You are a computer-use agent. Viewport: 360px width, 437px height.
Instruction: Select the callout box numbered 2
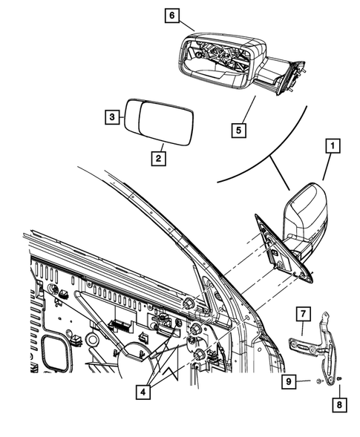158,157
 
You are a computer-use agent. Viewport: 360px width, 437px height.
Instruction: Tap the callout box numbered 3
111,117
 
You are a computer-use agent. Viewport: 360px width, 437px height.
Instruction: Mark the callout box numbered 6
171,16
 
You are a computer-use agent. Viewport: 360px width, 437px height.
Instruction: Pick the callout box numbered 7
304,315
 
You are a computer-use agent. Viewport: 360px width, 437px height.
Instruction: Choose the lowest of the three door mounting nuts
199,357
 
